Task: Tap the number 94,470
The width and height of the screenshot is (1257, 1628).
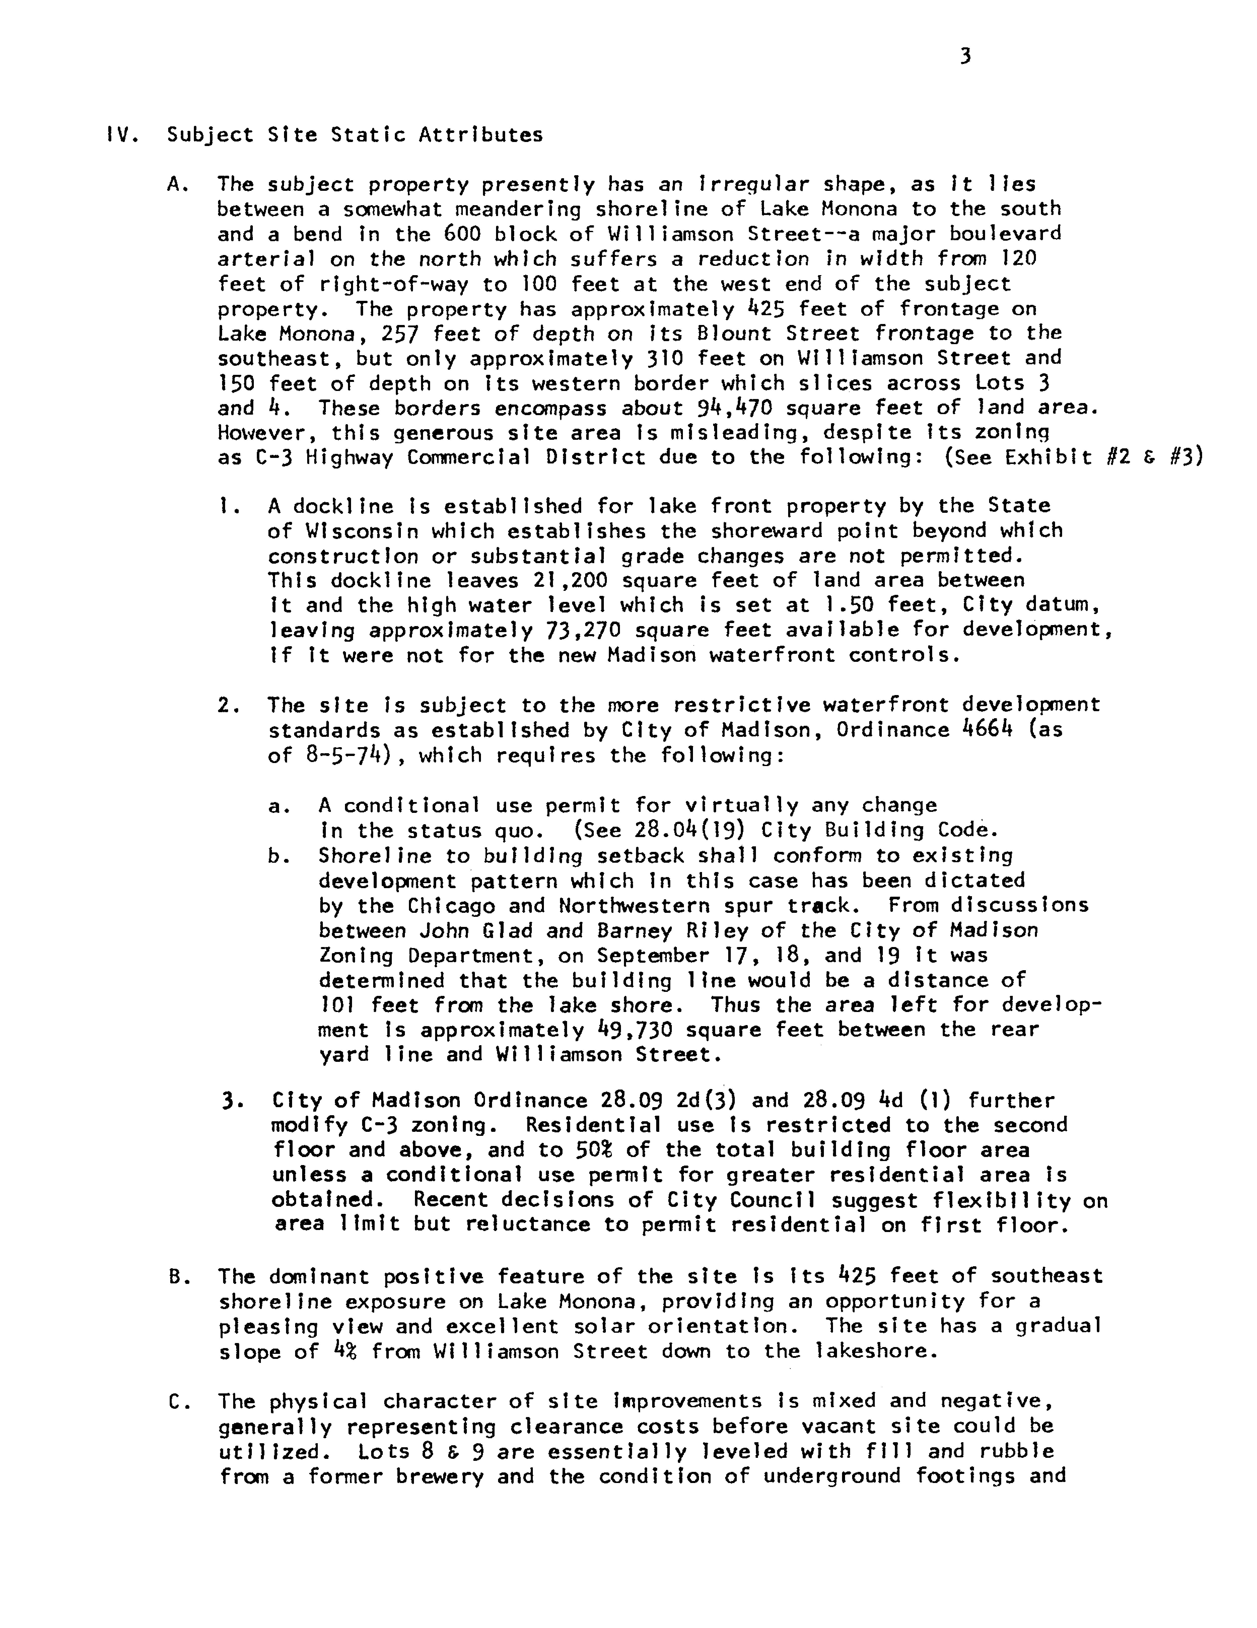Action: coord(731,409)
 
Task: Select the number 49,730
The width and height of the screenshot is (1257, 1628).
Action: coord(635,1030)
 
